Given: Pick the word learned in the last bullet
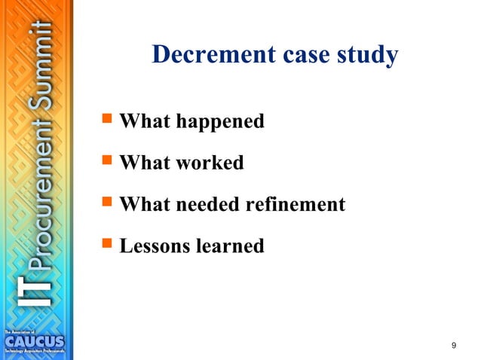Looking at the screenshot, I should (x=230, y=246).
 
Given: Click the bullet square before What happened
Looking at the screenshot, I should (x=106, y=121).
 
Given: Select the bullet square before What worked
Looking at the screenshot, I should (x=106, y=162).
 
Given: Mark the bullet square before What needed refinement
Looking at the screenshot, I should (x=106, y=203).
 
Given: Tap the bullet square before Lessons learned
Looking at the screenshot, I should (x=106, y=245).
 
